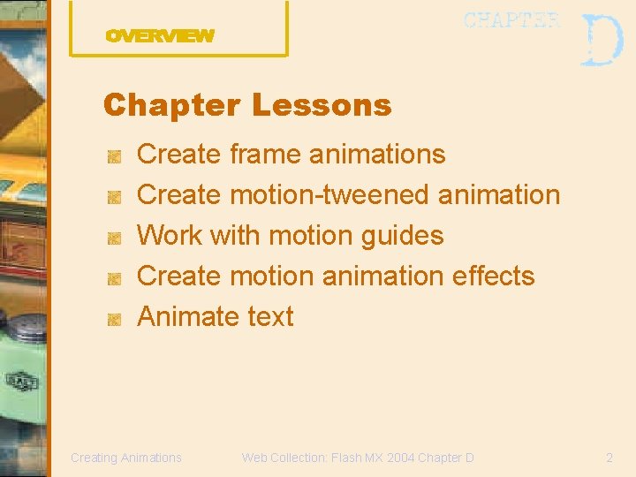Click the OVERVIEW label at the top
[x=160, y=36]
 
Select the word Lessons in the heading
[x=321, y=106]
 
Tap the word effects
[x=493, y=276]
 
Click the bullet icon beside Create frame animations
[x=113, y=156]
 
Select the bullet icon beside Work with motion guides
[x=113, y=238]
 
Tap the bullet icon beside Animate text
[x=113, y=319]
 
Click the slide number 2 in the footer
[x=609, y=458]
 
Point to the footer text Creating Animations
[x=126, y=458]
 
